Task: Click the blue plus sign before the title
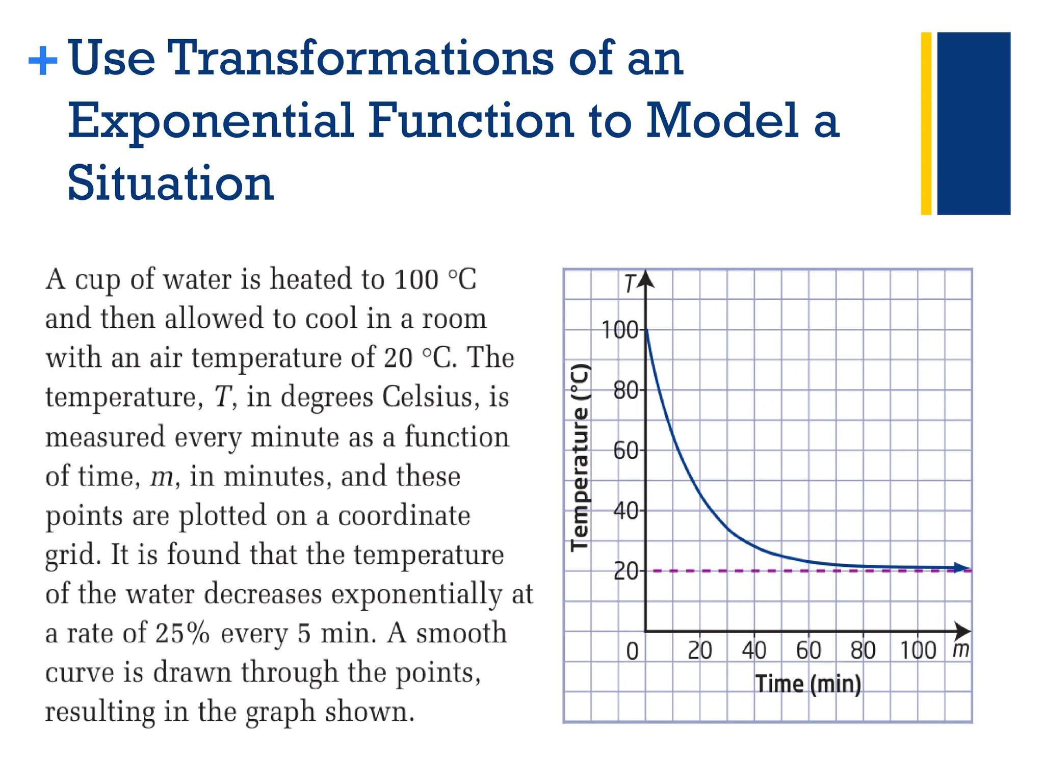click(x=43, y=61)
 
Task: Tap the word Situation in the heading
click(x=170, y=183)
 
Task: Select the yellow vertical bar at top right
click(x=926, y=123)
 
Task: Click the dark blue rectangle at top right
click(x=973, y=123)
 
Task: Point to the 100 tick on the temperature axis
click(x=620, y=330)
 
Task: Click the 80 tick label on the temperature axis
click(x=625, y=390)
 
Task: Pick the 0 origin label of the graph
click(x=632, y=651)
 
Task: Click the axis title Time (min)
click(x=808, y=684)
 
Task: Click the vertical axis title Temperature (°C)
click(x=580, y=458)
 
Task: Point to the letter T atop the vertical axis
click(x=631, y=284)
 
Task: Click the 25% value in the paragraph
click(x=182, y=633)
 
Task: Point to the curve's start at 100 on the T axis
click(x=646, y=330)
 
